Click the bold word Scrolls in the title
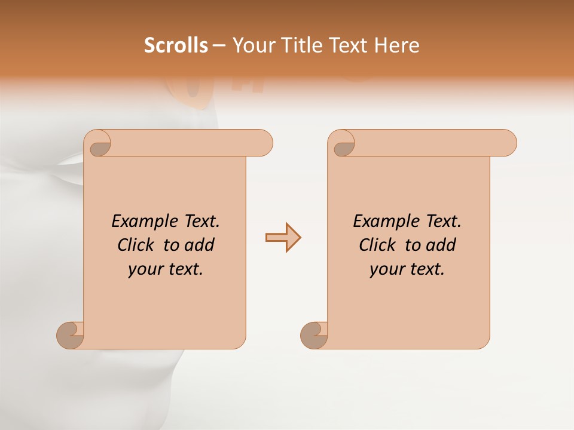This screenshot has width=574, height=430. (x=176, y=45)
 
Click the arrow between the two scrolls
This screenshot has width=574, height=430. (x=283, y=238)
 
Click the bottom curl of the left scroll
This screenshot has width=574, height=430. (x=70, y=335)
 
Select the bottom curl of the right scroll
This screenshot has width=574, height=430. (x=314, y=335)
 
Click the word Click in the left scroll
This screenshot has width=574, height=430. (x=136, y=245)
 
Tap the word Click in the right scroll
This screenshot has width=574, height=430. (x=378, y=245)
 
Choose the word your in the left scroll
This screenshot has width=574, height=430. (x=144, y=270)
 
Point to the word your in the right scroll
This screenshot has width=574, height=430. (x=386, y=270)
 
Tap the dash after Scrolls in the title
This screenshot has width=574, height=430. (x=219, y=45)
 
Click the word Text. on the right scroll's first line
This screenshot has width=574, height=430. (x=443, y=222)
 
